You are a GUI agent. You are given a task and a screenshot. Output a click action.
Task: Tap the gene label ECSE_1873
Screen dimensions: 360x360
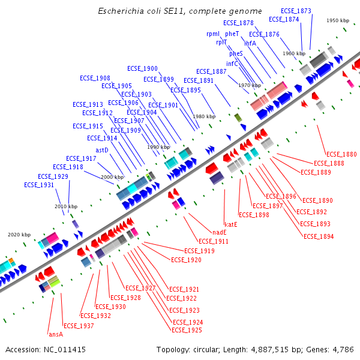(x=296, y=11)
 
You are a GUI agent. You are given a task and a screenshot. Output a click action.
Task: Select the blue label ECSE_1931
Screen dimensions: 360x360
(x=39, y=185)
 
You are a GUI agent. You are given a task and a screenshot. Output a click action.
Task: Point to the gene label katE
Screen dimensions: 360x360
(x=231, y=224)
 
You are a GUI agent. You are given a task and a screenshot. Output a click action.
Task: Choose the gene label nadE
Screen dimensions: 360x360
(x=219, y=232)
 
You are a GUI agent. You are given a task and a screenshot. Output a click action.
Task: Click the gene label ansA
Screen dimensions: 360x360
(x=55, y=334)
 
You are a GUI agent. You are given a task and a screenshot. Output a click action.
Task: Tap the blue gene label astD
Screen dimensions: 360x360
(x=102, y=150)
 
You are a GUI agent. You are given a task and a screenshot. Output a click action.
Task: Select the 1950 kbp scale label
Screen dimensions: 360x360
(x=338, y=20)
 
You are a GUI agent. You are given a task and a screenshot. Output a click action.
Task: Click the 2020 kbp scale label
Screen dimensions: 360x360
(x=19, y=235)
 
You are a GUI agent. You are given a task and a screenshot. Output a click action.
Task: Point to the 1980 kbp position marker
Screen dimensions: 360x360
(x=203, y=116)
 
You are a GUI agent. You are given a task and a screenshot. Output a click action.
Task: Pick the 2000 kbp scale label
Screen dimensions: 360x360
(x=112, y=177)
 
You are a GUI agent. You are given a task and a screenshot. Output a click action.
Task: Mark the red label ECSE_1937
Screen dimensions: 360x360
(x=79, y=326)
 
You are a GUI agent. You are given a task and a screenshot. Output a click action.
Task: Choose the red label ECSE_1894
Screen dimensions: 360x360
(x=319, y=236)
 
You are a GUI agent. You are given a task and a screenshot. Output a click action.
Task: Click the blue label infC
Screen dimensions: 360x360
(x=232, y=64)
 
